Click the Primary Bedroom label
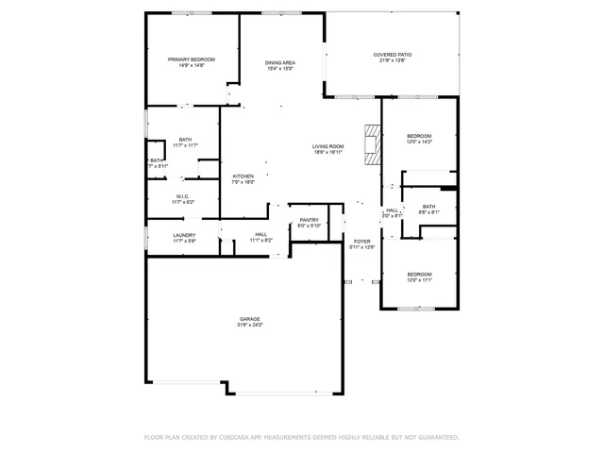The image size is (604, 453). pyautogui.click(x=192, y=59)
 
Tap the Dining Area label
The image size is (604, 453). pyautogui.click(x=280, y=62)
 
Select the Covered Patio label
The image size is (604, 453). pyautogui.click(x=392, y=55)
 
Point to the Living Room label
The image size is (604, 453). pyautogui.click(x=328, y=146)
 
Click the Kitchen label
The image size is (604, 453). pyautogui.click(x=243, y=176)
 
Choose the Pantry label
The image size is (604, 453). pyautogui.click(x=309, y=220)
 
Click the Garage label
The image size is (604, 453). pyautogui.click(x=249, y=319)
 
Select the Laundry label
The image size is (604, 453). pyautogui.click(x=184, y=235)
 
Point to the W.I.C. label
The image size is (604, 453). pyautogui.click(x=182, y=196)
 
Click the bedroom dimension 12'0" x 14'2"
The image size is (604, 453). pyautogui.click(x=419, y=143)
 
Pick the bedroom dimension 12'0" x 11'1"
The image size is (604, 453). pyautogui.click(x=419, y=280)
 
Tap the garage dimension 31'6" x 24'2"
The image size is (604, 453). pyautogui.click(x=249, y=326)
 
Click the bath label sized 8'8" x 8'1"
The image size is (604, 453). pyautogui.click(x=429, y=212)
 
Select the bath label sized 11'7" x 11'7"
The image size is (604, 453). pyautogui.click(x=185, y=145)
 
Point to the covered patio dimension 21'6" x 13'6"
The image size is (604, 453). pyautogui.click(x=392, y=61)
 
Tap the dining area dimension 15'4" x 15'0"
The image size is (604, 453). pyautogui.click(x=280, y=69)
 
